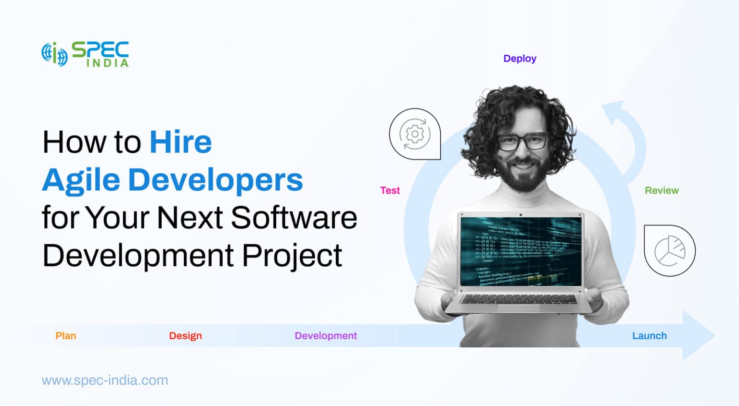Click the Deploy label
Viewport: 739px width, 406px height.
pyautogui.click(x=520, y=59)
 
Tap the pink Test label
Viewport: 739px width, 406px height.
pyautogui.click(x=390, y=190)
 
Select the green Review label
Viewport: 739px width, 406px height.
pyautogui.click(x=662, y=190)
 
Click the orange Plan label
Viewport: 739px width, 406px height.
pyautogui.click(x=66, y=336)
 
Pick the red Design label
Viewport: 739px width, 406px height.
pyautogui.click(x=185, y=336)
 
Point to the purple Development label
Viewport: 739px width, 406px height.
pyautogui.click(x=326, y=336)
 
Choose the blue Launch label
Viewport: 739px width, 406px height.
pyautogui.click(x=649, y=336)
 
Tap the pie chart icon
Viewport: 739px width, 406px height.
pyautogui.click(x=669, y=250)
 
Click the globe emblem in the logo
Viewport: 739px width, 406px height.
pyautogui.click(x=54, y=54)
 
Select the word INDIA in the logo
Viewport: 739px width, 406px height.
pyautogui.click(x=107, y=63)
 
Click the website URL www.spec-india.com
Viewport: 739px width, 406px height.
pyautogui.click(x=105, y=381)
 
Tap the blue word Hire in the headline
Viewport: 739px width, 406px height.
pyautogui.click(x=180, y=142)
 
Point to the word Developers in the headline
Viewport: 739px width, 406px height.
pyautogui.click(x=215, y=180)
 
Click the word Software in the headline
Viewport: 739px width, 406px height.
pyautogui.click(x=294, y=218)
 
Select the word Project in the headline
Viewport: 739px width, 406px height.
pyautogui.click(x=292, y=255)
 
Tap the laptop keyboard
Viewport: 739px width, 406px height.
pyautogui.click(x=519, y=300)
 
